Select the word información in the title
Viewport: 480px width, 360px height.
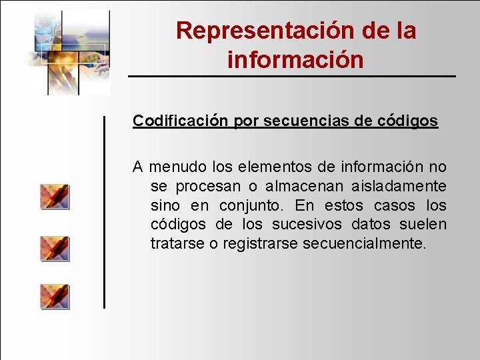[295, 60]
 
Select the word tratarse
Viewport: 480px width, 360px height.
[177, 244]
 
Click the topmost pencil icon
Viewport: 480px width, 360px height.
[55, 197]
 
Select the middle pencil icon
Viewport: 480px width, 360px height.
[55, 248]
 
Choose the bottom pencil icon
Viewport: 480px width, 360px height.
[55, 297]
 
